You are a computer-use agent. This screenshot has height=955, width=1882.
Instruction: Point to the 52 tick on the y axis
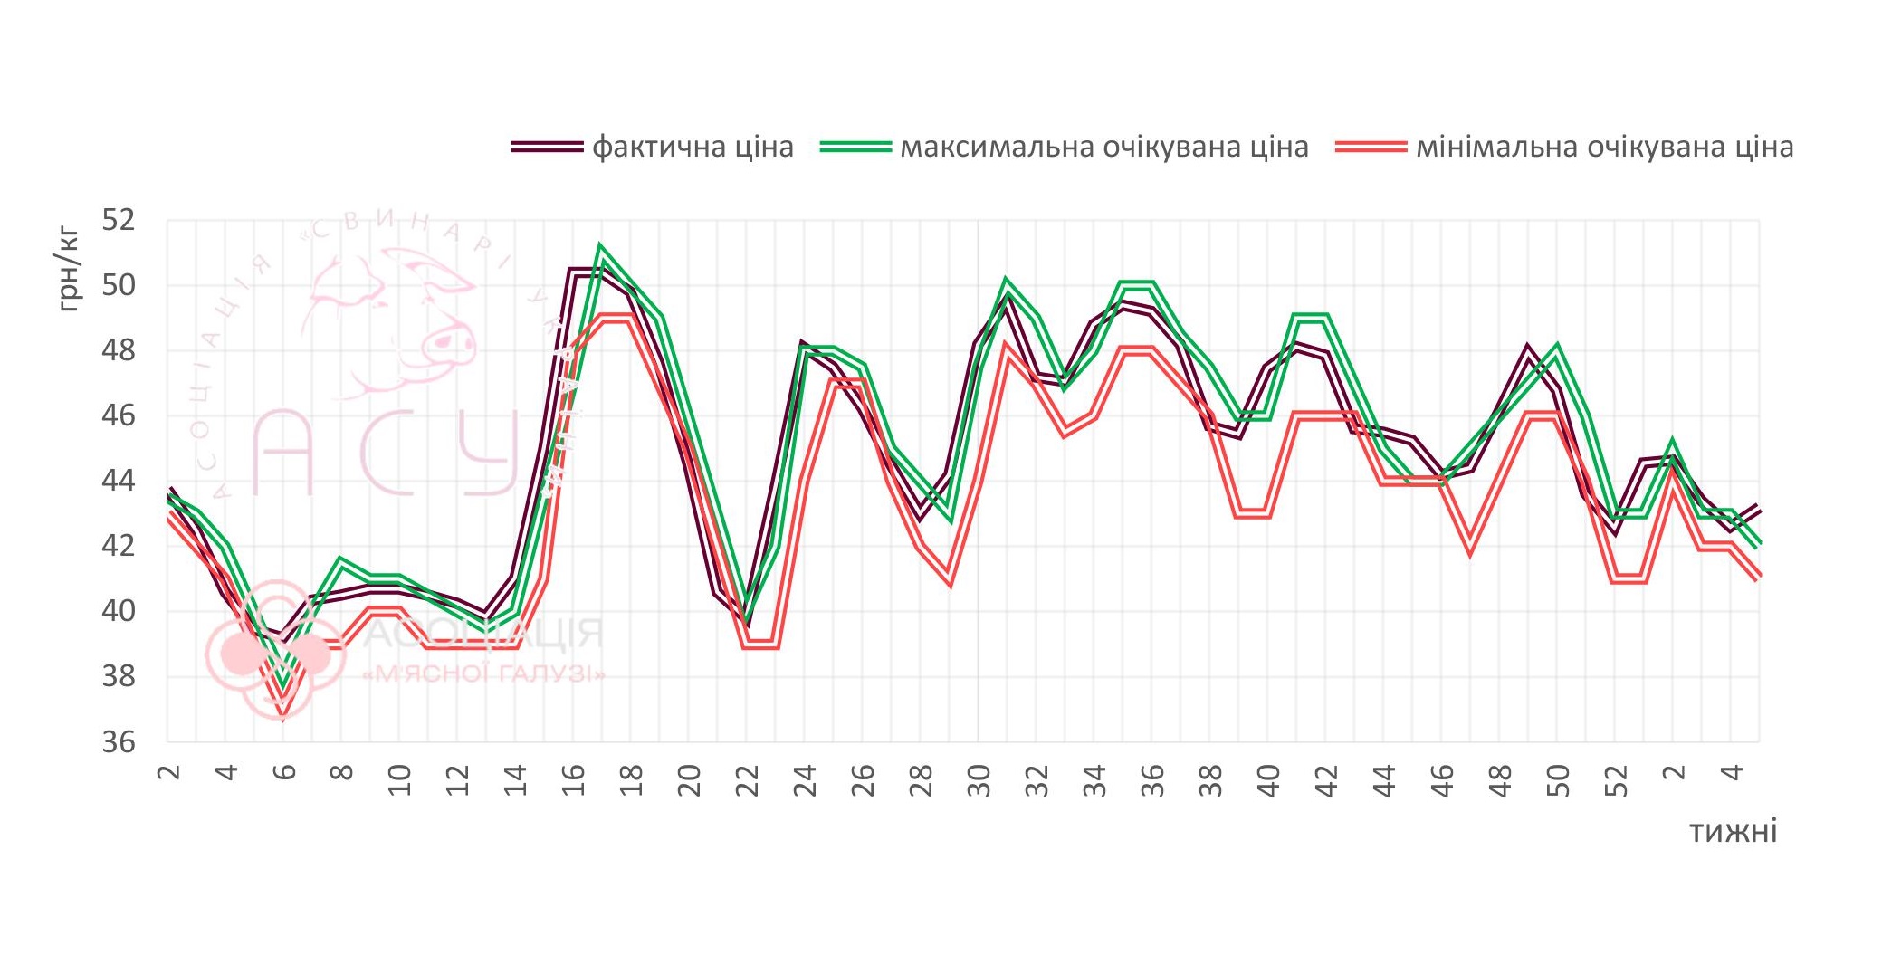pyautogui.click(x=118, y=220)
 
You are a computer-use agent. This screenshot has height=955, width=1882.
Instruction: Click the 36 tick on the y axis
pyautogui.click(x=118, y=742)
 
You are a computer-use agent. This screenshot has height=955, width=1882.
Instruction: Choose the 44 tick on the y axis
pyautogui.click(x=118, y=481)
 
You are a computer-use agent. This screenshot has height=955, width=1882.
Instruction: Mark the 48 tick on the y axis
pyautogui.click(x=118, y=350)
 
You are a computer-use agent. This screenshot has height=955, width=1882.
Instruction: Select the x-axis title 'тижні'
pyautogui.click(x=1733, y=831)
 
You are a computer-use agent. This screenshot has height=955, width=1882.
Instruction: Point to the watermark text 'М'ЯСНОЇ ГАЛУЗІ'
pyautogui.click(x=483, y=674)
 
